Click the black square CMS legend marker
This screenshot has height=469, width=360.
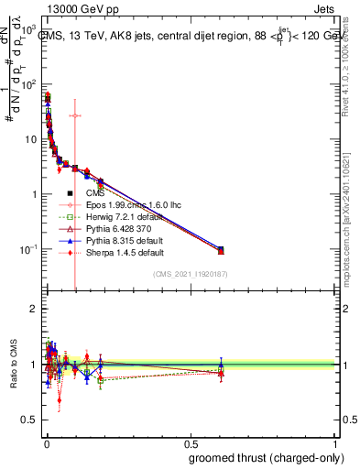70,193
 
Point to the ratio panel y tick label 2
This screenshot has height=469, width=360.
34,309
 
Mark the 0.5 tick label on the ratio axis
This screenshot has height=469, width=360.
30,420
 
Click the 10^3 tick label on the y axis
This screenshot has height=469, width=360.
30,28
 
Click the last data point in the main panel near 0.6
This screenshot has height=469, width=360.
221,249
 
